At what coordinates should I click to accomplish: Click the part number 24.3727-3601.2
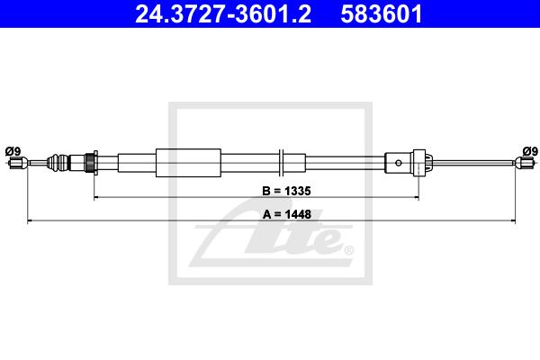[x=223, y=14]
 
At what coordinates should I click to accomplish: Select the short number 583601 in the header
[x=382, y=14]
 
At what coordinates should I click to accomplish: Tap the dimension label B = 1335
[x=286, y=191]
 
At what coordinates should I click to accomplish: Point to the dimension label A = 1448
[x=287, y=214]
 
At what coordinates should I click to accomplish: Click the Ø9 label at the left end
[x=13, y=151]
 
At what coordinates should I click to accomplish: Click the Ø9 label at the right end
[x=530, y=151]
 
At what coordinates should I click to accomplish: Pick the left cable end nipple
[x=19, y=163]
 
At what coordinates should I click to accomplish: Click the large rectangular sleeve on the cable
[x=188, y=163]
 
